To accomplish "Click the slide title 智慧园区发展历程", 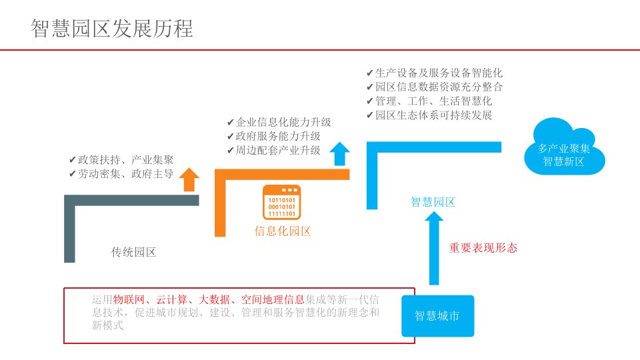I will [x=112, y=28].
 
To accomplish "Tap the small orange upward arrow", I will [x=190, y=179].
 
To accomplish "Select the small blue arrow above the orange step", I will [x=340, y=154].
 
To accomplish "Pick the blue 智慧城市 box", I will [x=437, y=316].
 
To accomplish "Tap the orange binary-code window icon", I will [x=281, y=202].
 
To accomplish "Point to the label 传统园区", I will [x=133, y=252].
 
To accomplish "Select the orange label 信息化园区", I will [x=283, y=231].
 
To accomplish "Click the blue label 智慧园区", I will [x=433, y=202].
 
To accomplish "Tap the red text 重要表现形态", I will [x=483, y=248].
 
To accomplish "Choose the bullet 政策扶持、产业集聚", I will [x=121, y=160].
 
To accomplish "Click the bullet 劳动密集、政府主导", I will [x=121, y=175].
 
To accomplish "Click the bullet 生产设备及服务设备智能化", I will [x=434, y=73].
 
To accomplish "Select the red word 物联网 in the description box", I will [x=129, y=299].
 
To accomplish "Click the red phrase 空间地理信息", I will [x=273, y=299].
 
